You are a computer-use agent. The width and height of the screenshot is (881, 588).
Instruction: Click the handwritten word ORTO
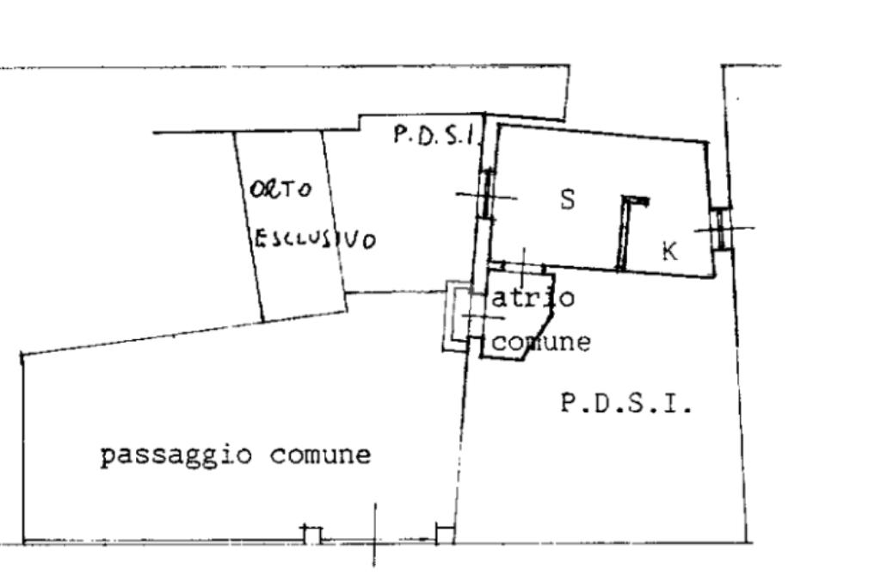pos(280,189)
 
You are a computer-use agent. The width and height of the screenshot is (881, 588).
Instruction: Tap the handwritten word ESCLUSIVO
pos(315,239)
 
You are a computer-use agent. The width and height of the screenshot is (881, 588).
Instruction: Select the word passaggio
pos(176,455)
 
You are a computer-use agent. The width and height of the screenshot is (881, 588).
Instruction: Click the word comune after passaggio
pos(320,455)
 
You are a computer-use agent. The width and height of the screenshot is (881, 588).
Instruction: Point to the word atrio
pos(533,297)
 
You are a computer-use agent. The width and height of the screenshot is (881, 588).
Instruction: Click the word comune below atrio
pos(541,342)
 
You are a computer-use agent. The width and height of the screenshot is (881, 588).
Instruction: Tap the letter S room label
pos(568,199)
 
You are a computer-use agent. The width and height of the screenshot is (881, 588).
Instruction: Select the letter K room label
pos(669,251)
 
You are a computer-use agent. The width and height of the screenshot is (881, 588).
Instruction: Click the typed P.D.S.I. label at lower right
pos(626,403)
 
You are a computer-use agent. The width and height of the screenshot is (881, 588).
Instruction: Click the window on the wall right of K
pos(721,228)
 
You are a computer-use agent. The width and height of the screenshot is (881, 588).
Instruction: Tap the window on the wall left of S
pos(487,194)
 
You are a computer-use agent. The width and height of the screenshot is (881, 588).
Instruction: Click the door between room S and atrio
pos(524,266)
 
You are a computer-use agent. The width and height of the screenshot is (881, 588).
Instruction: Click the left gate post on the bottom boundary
pos(312,535)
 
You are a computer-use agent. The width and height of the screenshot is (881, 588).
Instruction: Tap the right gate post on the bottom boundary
pos(445,534)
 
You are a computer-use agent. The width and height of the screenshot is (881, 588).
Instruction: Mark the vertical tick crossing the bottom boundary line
pos(375,534)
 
